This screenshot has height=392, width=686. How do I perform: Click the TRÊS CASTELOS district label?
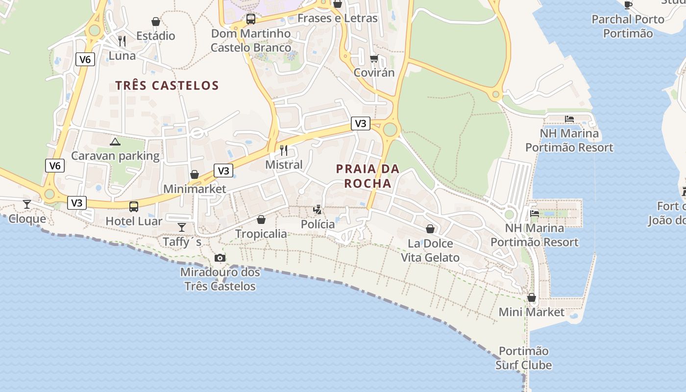[167, 85]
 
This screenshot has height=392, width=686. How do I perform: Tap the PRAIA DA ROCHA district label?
[367, 176]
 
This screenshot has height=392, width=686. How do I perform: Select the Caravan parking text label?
[115, 156]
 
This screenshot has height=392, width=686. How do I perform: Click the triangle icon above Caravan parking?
[115, 142]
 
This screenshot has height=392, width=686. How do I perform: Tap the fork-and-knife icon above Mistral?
[284, 150]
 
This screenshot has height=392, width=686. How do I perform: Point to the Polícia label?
[318, 224]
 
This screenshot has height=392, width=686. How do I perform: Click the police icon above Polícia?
[318, 210]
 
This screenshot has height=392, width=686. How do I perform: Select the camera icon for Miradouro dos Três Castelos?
[220, 258]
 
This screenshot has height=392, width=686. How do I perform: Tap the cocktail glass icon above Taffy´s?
[182, 227]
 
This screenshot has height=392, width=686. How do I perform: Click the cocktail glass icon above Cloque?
[27, 204]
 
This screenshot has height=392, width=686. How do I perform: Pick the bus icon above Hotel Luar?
[134, 207]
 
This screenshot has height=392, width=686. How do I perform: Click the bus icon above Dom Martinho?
[251, 19]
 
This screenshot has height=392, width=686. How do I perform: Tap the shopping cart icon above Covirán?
[374, 58]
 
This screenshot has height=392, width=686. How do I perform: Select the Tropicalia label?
[261, 234]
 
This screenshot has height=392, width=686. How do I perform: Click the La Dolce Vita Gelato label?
[430, 250]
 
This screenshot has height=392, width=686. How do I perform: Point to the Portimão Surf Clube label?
[524, 358]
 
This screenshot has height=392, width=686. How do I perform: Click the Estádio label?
[156, 36]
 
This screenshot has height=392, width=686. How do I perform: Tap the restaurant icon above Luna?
[122, 41]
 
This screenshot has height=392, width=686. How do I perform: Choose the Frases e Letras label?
[338, 18]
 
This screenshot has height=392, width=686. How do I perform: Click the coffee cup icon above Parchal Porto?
[628, 5]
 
